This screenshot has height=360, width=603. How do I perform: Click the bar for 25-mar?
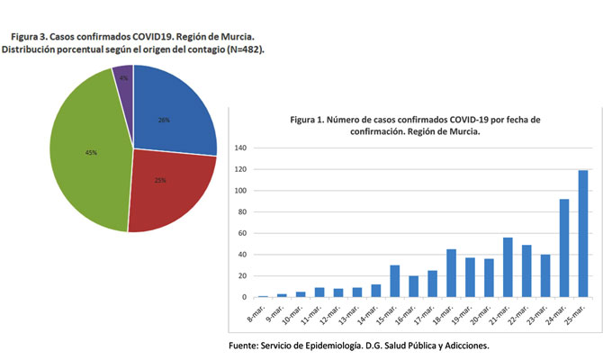(583, 234)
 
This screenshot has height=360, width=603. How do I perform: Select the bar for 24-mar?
(564, 248)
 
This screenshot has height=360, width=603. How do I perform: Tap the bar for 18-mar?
(451, 274)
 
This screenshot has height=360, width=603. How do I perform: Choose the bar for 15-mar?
(394, 281)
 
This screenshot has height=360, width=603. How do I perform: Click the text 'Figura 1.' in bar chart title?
(310, 119)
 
